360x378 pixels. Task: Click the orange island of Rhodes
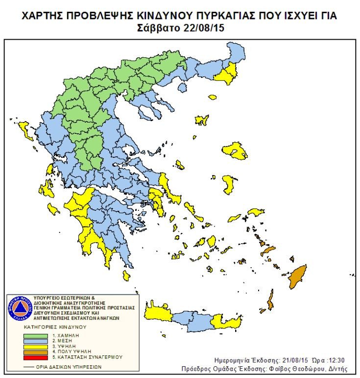(296, 278)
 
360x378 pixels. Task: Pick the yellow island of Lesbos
(236, 151)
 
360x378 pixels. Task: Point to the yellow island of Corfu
(23, 130)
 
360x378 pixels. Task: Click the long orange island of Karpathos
(270, 300)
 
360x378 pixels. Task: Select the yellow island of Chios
(228, 184)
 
